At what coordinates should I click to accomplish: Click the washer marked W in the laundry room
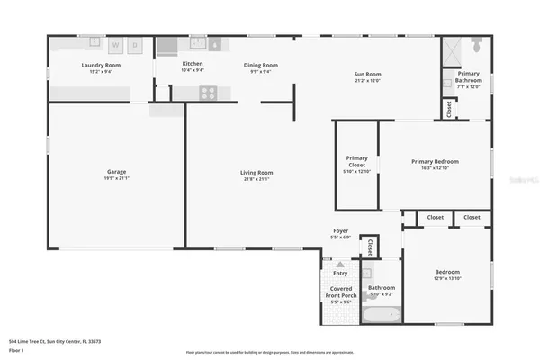116,45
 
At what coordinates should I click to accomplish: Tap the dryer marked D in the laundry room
135,45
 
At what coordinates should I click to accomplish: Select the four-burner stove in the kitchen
207,91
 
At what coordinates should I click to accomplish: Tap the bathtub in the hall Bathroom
381,314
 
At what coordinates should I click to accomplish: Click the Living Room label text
256,172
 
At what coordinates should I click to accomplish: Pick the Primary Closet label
356,161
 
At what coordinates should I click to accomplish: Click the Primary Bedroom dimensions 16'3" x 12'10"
435,168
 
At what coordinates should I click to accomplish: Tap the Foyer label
340,231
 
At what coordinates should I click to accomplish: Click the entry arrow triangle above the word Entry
340,265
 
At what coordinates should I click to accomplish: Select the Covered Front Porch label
340,292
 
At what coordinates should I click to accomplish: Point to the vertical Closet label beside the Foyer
368,245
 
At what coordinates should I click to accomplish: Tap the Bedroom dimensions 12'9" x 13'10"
447,278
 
